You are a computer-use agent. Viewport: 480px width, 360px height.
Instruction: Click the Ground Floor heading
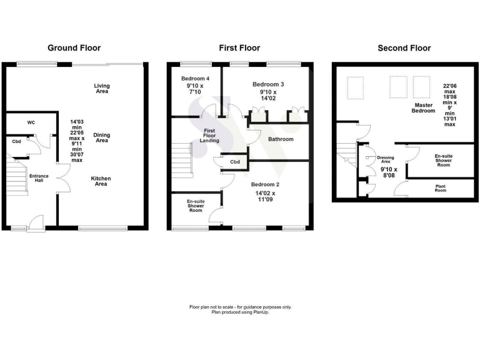[74, 48]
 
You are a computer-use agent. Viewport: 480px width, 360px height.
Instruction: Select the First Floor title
[240, 48]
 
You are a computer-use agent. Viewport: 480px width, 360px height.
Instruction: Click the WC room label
[31, 122]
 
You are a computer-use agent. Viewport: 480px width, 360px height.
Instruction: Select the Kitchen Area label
[101, 181]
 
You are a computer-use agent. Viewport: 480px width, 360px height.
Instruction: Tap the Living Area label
[101, 88]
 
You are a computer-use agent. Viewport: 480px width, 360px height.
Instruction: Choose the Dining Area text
[101, 137]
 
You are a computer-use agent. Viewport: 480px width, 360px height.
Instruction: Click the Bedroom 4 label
[193, 79]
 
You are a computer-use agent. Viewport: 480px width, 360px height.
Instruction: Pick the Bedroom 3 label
[268, 84]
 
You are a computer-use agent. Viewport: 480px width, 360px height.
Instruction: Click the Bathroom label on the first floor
[281, 139]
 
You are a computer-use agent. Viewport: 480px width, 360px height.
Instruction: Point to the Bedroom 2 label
[265, 185]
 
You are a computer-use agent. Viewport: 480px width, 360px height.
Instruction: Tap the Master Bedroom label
[422, 107]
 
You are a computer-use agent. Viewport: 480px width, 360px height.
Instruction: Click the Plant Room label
[444, 188]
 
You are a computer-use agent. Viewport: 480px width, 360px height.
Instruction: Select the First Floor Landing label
[209, 136]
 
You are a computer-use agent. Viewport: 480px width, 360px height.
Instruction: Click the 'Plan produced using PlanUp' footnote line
[240, 312]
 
